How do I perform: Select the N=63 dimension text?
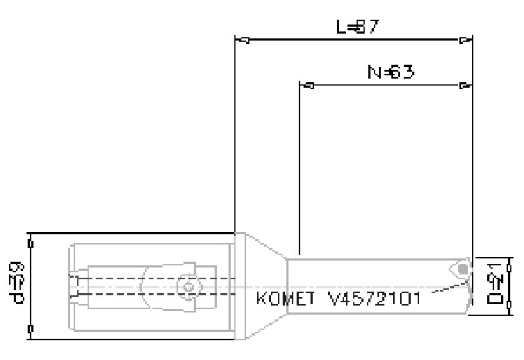click(x=390, y=72)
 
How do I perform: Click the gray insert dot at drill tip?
click(x=464, y=270)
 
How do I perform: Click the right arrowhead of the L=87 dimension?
click(x=466, y=39)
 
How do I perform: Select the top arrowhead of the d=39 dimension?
click(x=29, y=238)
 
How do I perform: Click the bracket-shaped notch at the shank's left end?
click(x=74, y=286)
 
